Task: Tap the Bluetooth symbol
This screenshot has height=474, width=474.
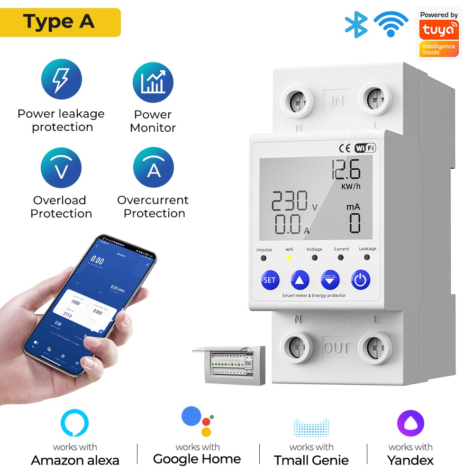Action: coord(356,24)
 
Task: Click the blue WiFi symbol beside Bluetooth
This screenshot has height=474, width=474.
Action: coord(391,24)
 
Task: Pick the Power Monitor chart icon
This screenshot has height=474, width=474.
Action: coord(153,82)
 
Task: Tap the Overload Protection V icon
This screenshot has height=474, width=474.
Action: coord(61,168)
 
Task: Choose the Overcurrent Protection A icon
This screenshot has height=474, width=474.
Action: coord(154,168)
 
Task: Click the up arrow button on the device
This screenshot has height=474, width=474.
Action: coord(300,280)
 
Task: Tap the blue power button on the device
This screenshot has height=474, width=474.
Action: coord(361,280)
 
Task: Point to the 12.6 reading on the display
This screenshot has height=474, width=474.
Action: coord(346,169)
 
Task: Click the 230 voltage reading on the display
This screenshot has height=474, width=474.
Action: coord(290,201)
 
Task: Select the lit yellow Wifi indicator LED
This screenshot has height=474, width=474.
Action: coord(289,258)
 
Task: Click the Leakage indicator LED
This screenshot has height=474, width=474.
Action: coord(367,257)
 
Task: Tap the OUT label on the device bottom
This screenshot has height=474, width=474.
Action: coord(337,348)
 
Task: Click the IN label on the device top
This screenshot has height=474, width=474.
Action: coord(337,101)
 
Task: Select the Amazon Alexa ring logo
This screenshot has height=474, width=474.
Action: coord(74,423)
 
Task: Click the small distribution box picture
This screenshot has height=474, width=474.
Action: coord(229,364)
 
